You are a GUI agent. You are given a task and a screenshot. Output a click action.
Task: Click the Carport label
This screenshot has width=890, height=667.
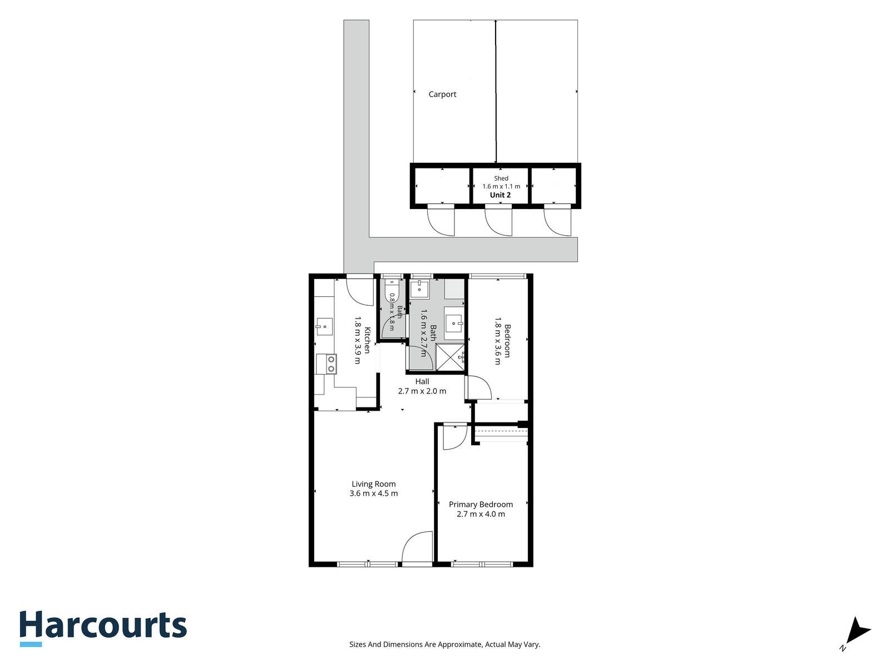[x=442, y=94]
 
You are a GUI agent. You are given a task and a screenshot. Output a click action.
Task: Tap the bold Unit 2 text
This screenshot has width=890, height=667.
[x=500, y=195]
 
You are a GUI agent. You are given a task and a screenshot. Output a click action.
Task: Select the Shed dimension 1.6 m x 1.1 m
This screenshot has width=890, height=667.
[x=501, y=186]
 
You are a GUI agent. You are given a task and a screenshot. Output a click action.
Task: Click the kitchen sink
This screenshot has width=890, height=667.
[x=324, y=327]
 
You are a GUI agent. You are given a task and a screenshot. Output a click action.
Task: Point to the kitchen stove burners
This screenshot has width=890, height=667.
[x=332, y=364]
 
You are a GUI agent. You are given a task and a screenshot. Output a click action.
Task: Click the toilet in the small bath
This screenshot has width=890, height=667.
[x=391, y=289]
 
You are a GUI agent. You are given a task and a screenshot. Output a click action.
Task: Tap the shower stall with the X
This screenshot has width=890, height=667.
[x=449, y=357]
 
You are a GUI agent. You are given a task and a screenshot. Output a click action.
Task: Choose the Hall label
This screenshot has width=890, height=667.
[x=422, y=381]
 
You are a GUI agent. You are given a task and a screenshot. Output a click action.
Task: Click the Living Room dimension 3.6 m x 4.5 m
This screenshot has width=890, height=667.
[x=373, y=493]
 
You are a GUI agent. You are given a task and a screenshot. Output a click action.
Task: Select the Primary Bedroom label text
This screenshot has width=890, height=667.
[x=481, y=504]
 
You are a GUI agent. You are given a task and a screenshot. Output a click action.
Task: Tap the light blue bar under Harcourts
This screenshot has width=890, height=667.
[x=31, y=644]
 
